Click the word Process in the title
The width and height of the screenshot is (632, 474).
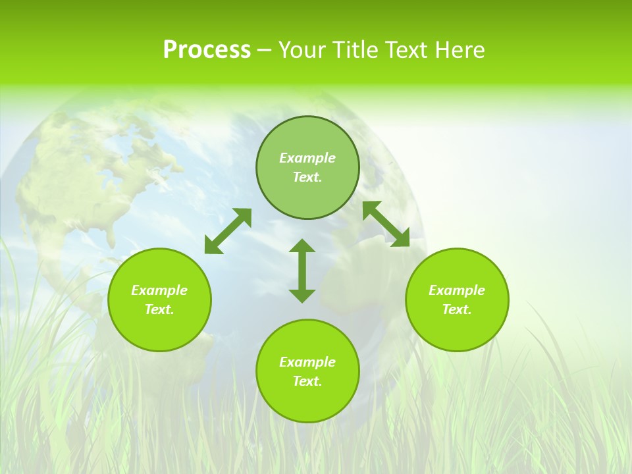[x=207, y=50]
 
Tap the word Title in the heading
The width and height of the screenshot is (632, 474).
[x=360, y=50]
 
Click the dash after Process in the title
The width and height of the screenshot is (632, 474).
[x=264, y=51]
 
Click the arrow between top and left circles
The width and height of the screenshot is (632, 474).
[x=228, y=231]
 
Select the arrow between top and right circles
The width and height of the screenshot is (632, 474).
[x=386, y=224]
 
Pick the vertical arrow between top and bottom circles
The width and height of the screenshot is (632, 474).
[x=302, y=271]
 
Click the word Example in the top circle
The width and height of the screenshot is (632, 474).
[x=307, y=158]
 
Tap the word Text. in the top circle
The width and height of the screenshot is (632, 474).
[x=307, y=177]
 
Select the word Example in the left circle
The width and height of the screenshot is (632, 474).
[x=159, y=290]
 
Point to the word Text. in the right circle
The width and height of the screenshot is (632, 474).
[x=457, y=309]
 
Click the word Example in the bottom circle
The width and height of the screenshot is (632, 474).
[x=307, y=362]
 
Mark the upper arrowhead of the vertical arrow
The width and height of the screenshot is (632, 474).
[x=302, y=246]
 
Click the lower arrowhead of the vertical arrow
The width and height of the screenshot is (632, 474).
[x=302, y=296]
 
